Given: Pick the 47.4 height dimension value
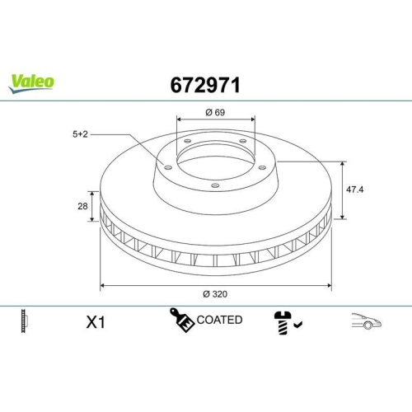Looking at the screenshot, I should [353, 189].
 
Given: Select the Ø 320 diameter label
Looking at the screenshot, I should [216, 293].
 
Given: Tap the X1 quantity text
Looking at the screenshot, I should [96, 322].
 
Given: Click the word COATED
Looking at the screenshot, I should [220, 320].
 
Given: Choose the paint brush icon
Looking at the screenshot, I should [181, 321].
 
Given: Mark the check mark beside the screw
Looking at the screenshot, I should [297, 325].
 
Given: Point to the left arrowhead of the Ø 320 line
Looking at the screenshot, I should [102, 286].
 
